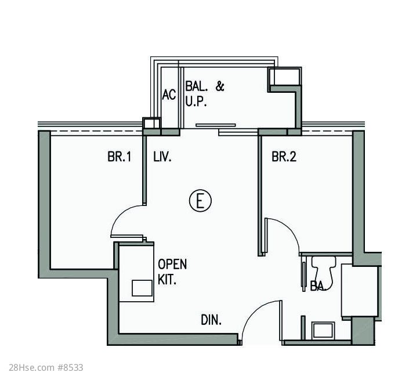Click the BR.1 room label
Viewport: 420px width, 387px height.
tap(120, 157)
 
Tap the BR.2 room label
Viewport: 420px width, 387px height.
tap(284, 157)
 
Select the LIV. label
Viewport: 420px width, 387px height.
tap(162, 157)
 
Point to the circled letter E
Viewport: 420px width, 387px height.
tap(200, 201)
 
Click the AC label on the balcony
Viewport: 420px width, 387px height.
tap(169, 95)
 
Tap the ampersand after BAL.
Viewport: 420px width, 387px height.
tap(220, 86)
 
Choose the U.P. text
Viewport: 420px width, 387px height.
tap(196, 102)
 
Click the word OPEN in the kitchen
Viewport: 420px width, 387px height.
tap(172, 265)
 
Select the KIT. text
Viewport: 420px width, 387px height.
tap(167, 280)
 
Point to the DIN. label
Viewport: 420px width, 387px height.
tap(211, 320)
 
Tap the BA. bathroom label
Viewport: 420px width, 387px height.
tap(318, 286)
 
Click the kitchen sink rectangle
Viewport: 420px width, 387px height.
tap(142, 288)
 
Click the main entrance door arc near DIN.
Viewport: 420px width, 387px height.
tap(255, 314)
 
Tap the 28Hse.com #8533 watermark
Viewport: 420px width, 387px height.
tap(46, 367)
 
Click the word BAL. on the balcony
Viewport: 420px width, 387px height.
tap(197, 86)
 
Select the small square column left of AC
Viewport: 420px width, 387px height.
tap(151, 123)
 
